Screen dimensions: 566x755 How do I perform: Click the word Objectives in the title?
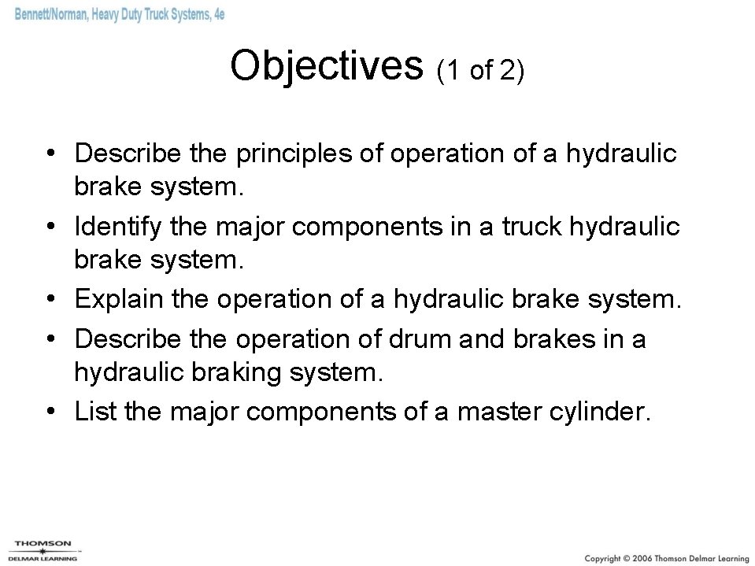pos(327,65)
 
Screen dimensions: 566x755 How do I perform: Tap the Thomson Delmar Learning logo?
pos(44,549)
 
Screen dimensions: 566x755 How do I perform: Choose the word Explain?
pos(116,299)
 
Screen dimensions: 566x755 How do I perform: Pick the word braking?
pos(235,372)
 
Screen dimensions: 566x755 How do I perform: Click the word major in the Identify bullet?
pos(248,227)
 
